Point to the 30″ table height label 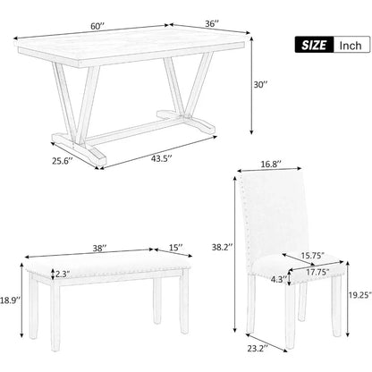coord(259,85)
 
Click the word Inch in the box coord(349,43)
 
